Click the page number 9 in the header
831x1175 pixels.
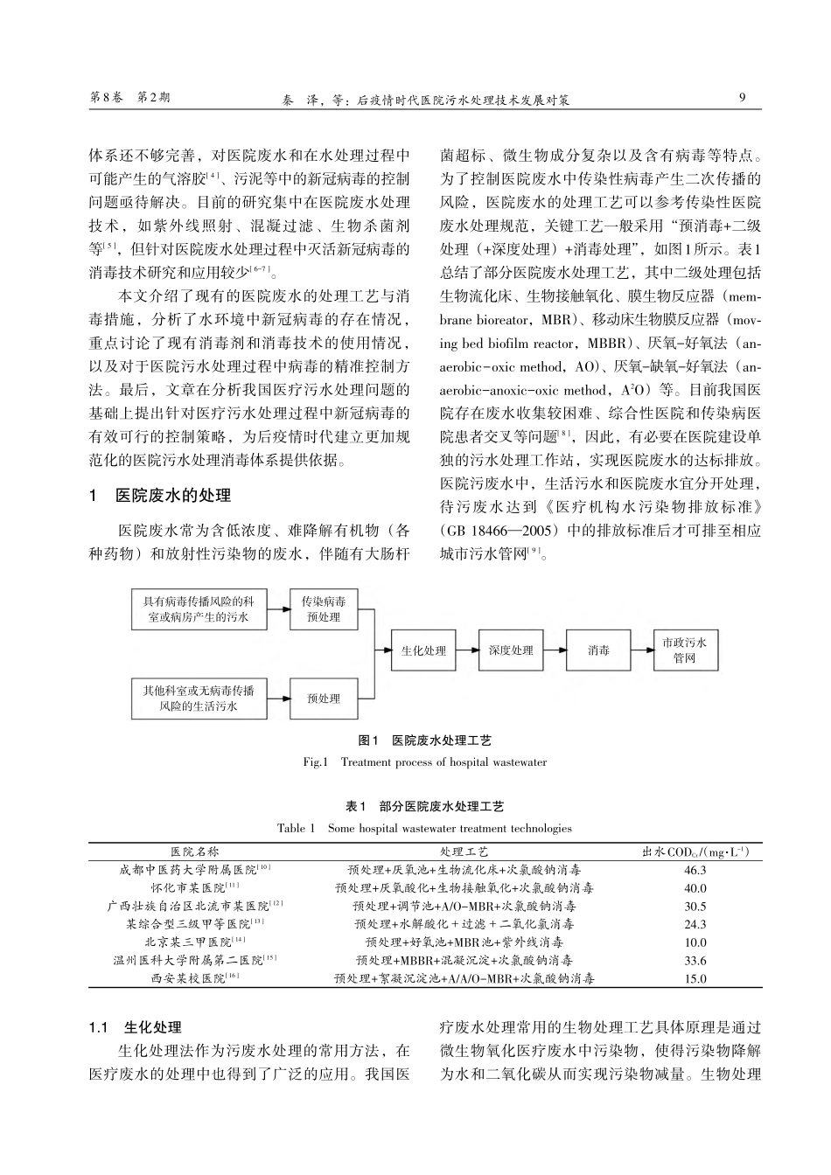742,98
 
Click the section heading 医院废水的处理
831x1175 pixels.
173,496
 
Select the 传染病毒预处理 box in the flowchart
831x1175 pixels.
323,609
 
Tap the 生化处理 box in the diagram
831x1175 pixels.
423,650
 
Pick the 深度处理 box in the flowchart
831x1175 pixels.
511,650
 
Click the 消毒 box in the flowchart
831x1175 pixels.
598,650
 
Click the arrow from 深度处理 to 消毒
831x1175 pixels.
555,650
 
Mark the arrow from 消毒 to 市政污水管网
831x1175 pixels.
642,650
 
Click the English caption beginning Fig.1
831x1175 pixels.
424,762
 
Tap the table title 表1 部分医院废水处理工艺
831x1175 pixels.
425,806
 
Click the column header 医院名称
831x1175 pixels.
195,851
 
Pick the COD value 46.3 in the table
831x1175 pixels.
695,870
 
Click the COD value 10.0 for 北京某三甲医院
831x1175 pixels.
695,942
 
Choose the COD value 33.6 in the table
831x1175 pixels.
695,961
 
